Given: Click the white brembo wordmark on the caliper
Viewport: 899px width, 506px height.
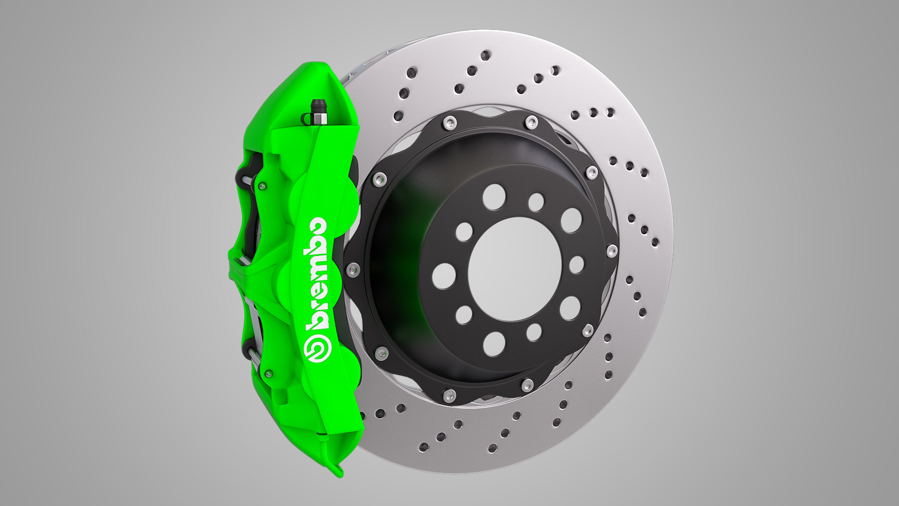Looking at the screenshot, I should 317,273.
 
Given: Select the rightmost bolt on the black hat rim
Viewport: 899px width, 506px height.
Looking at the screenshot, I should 612,250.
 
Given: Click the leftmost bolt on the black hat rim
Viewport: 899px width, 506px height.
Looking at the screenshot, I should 352,269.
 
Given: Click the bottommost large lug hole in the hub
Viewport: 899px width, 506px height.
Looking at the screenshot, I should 494,344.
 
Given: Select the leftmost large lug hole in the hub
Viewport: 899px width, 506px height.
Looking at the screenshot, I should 444,275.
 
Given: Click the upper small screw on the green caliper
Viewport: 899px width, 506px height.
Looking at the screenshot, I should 262,186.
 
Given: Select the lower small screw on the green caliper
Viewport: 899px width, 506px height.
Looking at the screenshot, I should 268,374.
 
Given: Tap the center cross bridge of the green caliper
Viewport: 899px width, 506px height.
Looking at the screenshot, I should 253,270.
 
